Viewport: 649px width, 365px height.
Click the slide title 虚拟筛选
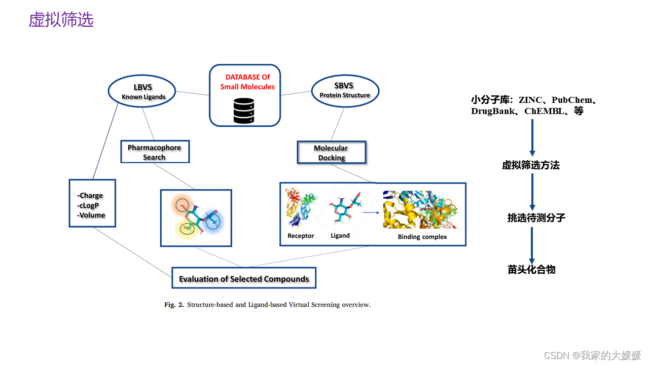tap(61, 20)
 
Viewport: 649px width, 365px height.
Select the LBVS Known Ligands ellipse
tap(143, 91)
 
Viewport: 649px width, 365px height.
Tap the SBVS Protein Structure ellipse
tap(345, 90)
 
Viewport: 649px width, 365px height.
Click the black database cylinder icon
tap(244, 111)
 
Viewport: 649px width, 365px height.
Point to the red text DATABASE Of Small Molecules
tap(247, 82)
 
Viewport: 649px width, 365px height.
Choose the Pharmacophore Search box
tap(155, 152)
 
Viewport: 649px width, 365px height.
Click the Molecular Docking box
tap(331, 153)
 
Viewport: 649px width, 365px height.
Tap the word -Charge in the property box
tap(90, 196)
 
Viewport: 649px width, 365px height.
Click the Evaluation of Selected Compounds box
tap(244, 278)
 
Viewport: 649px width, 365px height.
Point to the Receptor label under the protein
tap(301, 236)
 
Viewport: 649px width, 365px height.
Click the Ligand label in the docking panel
tap(340, 236)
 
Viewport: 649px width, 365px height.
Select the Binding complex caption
tap(422, 237)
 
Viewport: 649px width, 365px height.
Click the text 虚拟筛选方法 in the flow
tap(531, 165)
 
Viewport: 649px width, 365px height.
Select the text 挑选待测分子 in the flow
tap(536, 218)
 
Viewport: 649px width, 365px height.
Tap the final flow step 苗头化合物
tap(531, 270)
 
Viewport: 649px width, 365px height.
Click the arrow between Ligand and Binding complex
tap(371, 213)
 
